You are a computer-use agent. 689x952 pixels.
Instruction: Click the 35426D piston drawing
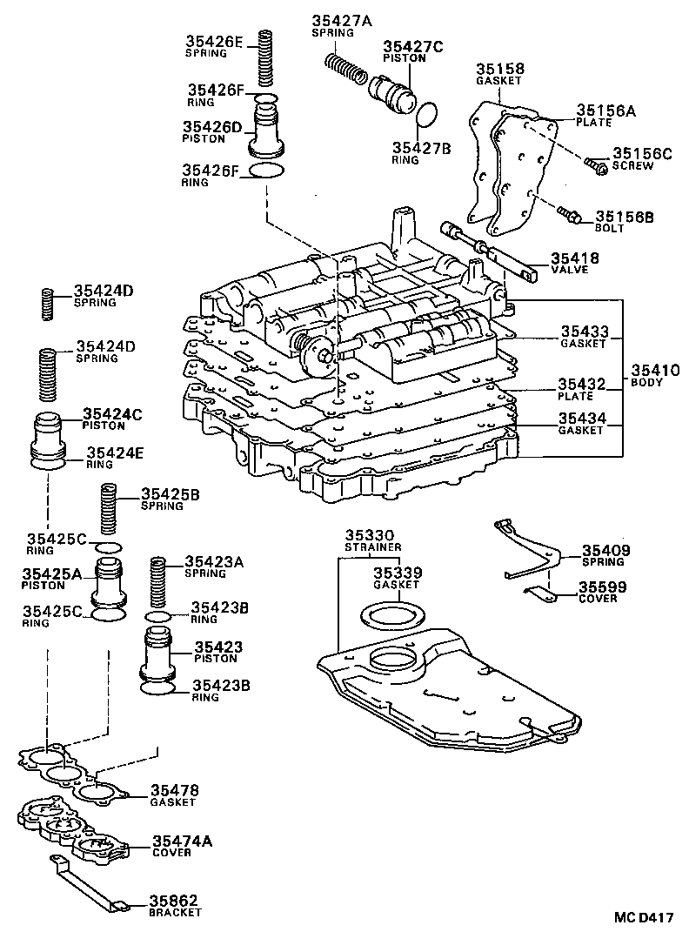pos(268,131)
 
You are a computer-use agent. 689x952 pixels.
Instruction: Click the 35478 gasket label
pos(174,790)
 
